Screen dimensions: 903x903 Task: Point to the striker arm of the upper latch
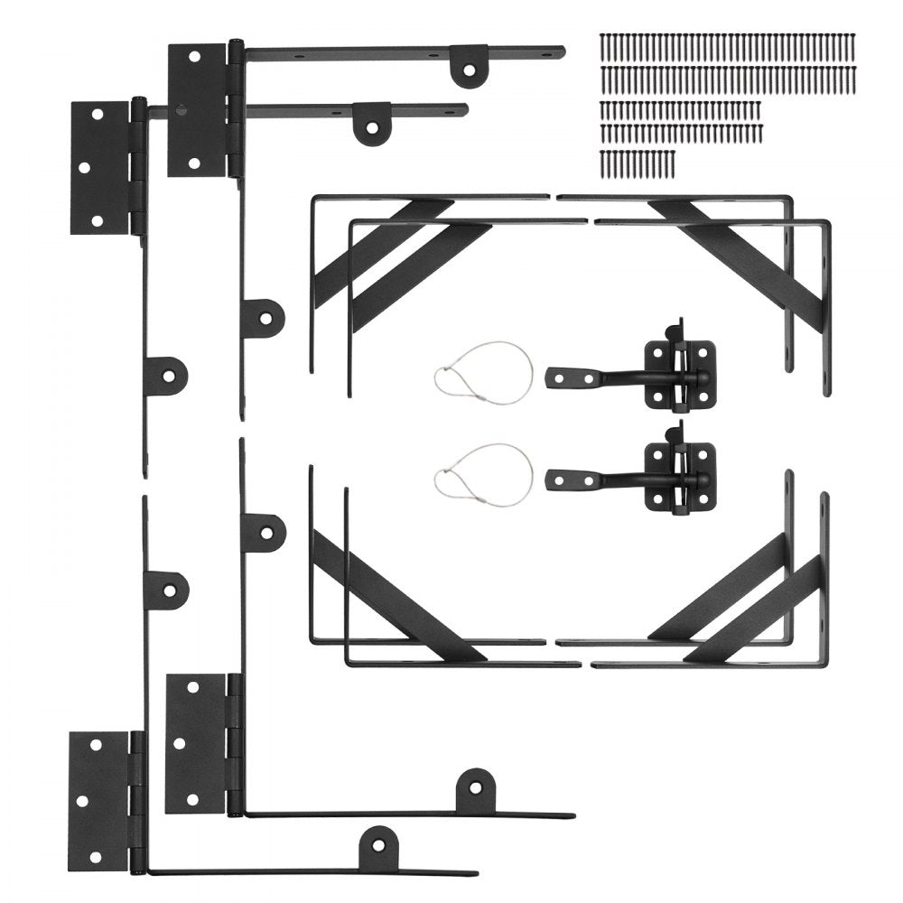pyautogui.click(x=587, y=377)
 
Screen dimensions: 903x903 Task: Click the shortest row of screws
pyautogui.click(x=637, y=163)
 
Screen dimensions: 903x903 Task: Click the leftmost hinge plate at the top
pyautogui.click(x=99, y=168)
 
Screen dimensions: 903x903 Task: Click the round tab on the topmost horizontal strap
pyautogui.click(x=469, y=66)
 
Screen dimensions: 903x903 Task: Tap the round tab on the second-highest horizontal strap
pyautogui.click(x=371, y=123)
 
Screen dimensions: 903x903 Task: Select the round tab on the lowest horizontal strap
pyautogui.click(x=378, y=848)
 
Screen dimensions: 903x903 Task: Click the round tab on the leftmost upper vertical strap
pyautogui.click(x=167, y=375)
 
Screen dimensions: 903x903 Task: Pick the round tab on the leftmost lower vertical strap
pyautogui.click(x=167, y=590)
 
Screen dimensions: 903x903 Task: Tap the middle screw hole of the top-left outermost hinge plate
pyautogui.click(x=84, y=168)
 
